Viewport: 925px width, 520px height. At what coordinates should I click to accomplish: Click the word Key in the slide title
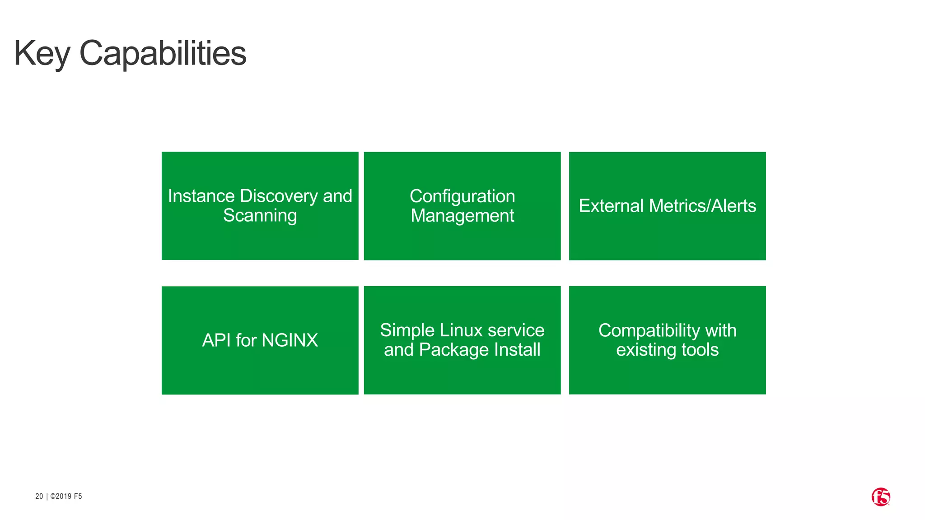[42, 54]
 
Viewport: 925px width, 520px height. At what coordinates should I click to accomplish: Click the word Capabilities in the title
[163, 54]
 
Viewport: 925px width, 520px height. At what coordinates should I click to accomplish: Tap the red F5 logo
[880, 497]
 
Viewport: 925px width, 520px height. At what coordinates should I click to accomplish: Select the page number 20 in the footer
[39, 497]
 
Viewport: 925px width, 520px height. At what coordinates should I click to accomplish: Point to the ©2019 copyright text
[61, 497]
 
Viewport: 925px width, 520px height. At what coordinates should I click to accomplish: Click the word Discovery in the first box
[279, 196]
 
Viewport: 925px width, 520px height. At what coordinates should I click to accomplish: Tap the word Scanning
[260, 216]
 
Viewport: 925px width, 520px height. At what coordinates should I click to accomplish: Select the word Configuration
[462, 196]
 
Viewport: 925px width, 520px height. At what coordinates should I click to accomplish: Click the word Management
[462, 216]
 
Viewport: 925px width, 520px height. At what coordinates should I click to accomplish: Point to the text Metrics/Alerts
[702, 206]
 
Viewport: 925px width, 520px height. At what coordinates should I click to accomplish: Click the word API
[216, 340]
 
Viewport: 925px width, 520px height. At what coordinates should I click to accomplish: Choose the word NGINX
[290, 340]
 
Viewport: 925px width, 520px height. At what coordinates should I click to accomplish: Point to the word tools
[700, 350]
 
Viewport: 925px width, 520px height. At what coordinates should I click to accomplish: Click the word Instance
[201, 196]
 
